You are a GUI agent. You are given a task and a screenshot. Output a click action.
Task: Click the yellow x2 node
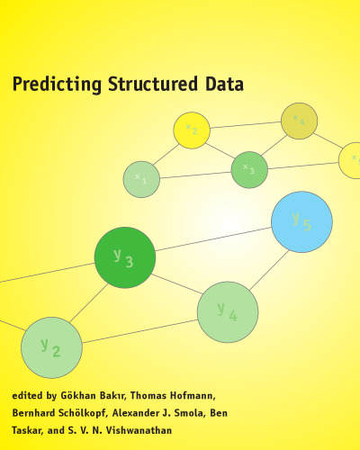coord(192,130)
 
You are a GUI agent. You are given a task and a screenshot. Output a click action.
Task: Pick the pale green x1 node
coord(141,179)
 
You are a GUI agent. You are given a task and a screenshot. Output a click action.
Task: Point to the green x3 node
coord(249,169)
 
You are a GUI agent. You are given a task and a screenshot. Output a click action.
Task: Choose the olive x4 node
coord(300,121)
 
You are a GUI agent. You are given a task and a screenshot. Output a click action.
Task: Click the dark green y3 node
coord(125,258)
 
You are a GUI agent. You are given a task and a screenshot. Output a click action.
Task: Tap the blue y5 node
coord(301,221)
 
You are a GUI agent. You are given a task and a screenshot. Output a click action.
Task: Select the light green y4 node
coord(228,312)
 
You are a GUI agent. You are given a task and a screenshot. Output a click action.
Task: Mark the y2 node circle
coord(52,346)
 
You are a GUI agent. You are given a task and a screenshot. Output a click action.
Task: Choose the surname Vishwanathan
coord(166,431)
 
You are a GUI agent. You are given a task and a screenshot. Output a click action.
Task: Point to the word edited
coord(28,395)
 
